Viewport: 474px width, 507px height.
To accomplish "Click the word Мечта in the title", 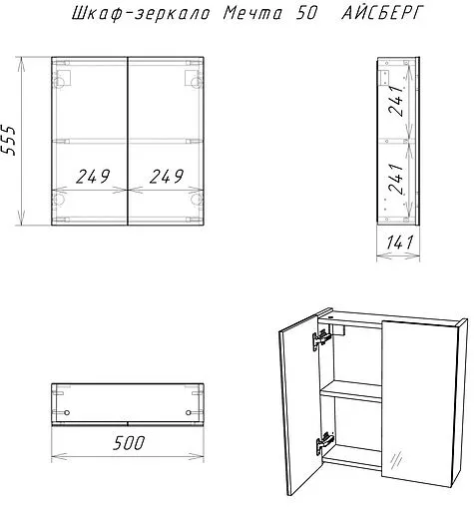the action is click(252, 14).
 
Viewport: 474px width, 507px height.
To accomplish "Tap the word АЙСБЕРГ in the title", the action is click(383, 14).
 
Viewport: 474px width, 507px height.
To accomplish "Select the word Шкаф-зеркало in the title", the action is click(141, 14).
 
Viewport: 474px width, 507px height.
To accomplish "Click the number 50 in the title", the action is click(305, 14).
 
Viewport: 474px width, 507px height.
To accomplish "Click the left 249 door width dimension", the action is click(93, 177).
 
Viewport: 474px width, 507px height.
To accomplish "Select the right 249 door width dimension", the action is click(167, 177).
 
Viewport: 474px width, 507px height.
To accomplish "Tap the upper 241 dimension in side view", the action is click(396, 100).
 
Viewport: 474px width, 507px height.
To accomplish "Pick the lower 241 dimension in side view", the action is click(396, 179).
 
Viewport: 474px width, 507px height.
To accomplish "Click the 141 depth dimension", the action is click(399, 243).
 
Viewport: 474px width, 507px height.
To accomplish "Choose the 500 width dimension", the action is click(129, 443).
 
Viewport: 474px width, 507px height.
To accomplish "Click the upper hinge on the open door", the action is click(321, 340).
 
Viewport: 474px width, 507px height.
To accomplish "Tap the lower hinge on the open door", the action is click(324, 442).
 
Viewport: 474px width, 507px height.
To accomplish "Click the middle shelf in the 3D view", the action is click(350, 391).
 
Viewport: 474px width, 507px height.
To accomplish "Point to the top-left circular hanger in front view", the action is click(60, 82).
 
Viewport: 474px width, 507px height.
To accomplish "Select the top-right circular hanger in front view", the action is click(197, 82).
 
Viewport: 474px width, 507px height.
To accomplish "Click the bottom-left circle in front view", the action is click(60, 199).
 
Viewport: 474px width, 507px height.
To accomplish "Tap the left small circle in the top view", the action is click(67, 413).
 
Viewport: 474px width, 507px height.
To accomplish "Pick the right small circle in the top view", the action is click(189, 413).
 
